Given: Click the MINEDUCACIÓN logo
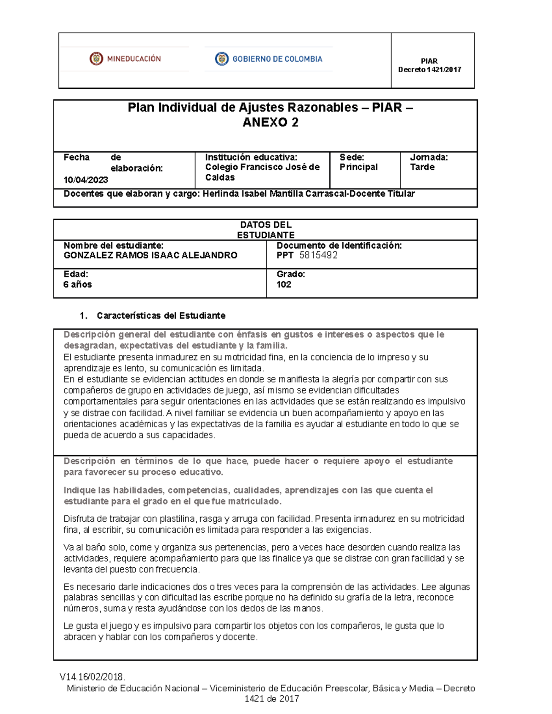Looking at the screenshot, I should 125,59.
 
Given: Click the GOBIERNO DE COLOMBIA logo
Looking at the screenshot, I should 269,59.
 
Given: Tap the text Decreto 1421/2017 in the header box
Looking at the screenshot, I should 429,70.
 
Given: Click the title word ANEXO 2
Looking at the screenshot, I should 270,122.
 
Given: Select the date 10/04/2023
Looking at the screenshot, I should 86,180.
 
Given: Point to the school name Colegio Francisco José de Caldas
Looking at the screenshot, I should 262,172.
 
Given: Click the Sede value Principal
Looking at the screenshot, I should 358,167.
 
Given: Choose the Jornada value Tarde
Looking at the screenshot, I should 422,167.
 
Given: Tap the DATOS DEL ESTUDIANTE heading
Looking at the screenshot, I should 265,230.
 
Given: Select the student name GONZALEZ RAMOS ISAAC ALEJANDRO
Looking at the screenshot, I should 150,256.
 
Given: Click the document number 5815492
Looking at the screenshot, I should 318,256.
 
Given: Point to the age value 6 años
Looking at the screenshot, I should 78,285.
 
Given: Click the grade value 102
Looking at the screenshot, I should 284,285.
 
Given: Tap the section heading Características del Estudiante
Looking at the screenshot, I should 161,316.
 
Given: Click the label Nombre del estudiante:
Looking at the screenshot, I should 114,246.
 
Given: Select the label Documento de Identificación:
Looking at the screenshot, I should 339,246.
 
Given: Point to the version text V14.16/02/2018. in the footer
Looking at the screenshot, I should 92,677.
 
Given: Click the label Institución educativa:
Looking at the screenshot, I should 251,157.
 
